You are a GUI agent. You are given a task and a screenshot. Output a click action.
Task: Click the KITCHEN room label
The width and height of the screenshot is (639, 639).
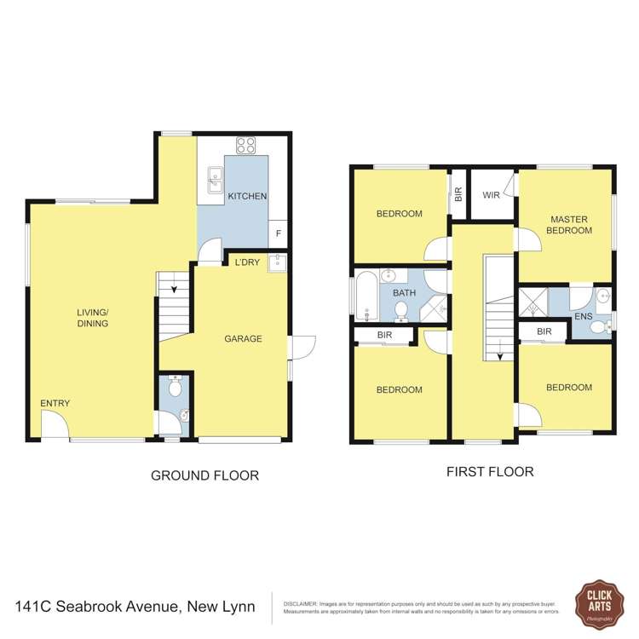point(247,196)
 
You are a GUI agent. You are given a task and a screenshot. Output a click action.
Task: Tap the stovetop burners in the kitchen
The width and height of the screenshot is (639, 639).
point(246,145)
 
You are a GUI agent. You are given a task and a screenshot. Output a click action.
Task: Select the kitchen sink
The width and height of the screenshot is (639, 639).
point(214,179)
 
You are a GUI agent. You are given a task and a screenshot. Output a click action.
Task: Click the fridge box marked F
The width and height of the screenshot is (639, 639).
point(278,233)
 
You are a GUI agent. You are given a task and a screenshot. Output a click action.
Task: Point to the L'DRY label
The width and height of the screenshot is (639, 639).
point(247,262)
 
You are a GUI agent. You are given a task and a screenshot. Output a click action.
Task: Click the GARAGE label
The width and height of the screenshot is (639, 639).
point(243,338)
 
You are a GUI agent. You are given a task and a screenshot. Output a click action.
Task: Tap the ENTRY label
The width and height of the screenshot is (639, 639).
point(55,403)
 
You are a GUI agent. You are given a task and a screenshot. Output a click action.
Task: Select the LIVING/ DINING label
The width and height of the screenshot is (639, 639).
point(92,318)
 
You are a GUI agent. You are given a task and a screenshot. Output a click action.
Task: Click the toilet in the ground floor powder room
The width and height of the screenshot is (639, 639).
point(175,388)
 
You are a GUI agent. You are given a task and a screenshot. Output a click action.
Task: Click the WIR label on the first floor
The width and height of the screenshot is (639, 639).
point(491,195)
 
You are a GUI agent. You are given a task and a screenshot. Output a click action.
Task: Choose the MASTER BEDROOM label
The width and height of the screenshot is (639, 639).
point(568,224)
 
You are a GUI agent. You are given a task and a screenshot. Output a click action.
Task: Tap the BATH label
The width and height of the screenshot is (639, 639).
point(404,294)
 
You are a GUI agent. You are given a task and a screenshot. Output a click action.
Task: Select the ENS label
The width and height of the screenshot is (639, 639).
point(584,316)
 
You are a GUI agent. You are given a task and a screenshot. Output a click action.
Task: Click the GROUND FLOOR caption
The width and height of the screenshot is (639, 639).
point(204,475)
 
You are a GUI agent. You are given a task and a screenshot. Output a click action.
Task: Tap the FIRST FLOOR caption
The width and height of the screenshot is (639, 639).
point(490,471)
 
